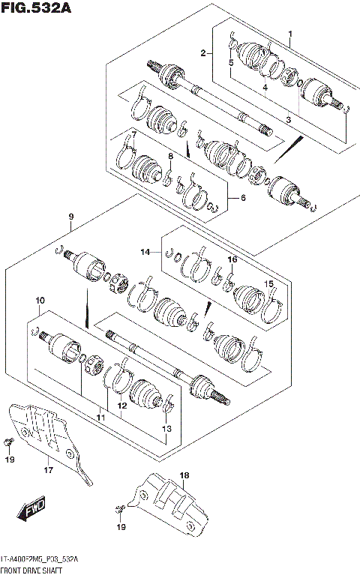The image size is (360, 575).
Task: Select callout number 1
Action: pyautogui.click(x=290, y=34)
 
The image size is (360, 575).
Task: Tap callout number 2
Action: pyautogui.click(x=202, y=52)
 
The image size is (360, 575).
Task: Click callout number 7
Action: pyautogui.click(x=133, y=134)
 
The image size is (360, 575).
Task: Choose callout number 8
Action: pyautogui.click(x=171, y=156)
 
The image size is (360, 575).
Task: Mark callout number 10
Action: pyautogui.click(x=39, y=301)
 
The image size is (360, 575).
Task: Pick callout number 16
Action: pyautogui.click(x=232, y=259)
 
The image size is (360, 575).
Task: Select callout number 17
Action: pyautogui.click(x=47, y=471)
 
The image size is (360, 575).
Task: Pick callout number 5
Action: pyautogui.click(x=231, y=63)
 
